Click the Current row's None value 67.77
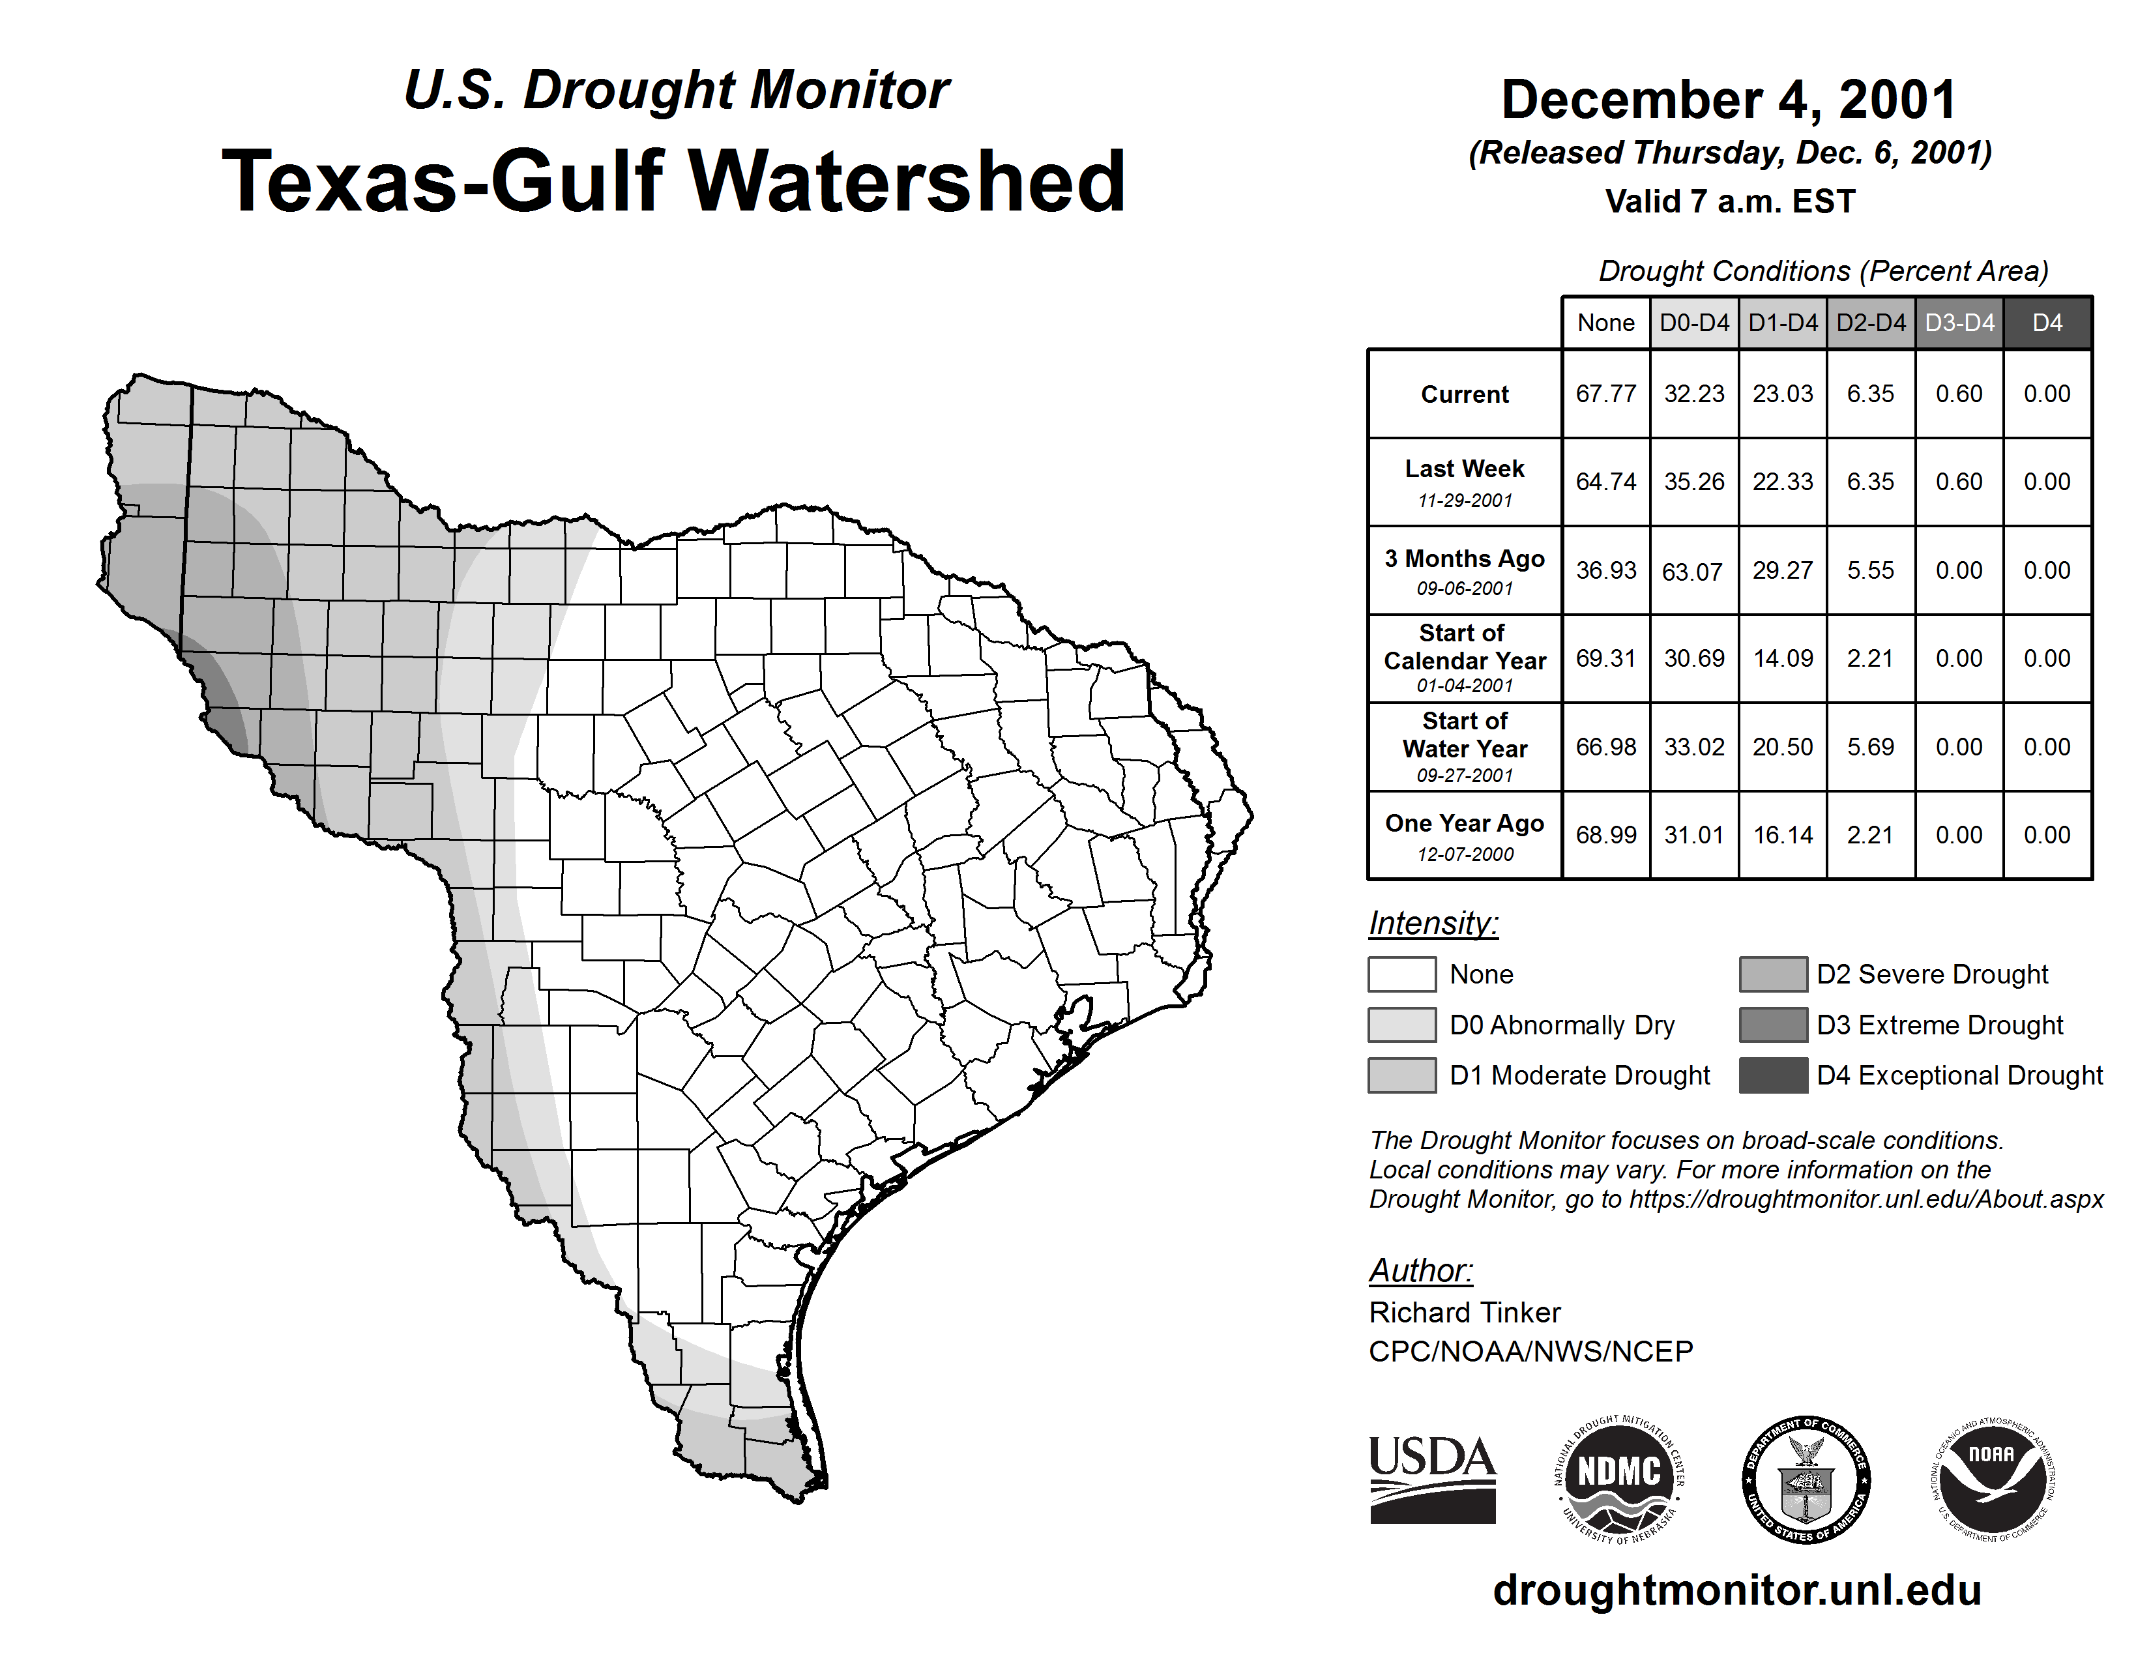click(x=1605, y=394)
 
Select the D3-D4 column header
click(x=1959, y=323)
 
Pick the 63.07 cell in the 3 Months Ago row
click(x=1692, y=571)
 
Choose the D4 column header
click(x=2047, y=323)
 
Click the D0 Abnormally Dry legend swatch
click(x=1401, y=1024)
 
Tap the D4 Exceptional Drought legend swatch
click(x=1773, y=1075)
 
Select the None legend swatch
click(x=1401, y=974)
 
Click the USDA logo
click(x=1432, y=1479)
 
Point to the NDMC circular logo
click(x=1619, y=1479)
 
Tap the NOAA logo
click(x=1991, y=1479)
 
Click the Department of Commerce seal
click(x=1806, y=1479)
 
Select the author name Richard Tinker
click(x=1465, y=1313)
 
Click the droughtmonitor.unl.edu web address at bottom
click(x=1736, y=1589)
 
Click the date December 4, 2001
click(x=1729, y=100)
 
